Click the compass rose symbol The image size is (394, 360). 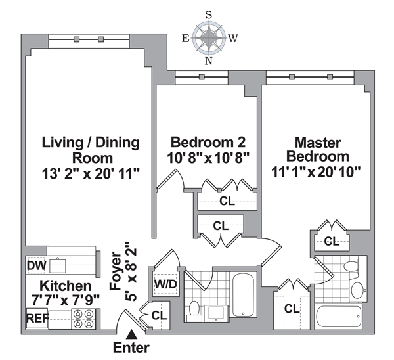pyautogui.click(x=209, y=38)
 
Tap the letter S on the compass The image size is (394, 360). pyautogui.click(x=209, y=15)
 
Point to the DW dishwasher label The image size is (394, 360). pyautogui.click(x=37, y=266)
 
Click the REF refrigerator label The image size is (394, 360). pyautogui.click(x=37, y=319)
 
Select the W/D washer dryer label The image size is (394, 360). pyautogui.click(x=165, y=284)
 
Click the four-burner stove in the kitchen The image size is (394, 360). pyautogui.click(x=83, y=319)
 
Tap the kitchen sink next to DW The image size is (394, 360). pyautogui.click(x=58, y=266)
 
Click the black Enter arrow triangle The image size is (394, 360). pyautogui.click(x=131, y=334)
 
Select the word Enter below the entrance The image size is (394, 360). pyautogui.click(x=131, y=348)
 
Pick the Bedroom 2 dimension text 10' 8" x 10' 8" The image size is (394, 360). pyautogui.click(x=208, y=158)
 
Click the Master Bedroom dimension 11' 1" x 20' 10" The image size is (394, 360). pyautogui.click(x=316, y=173)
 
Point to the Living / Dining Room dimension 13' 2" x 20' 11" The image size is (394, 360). pyautogui.click(x=91, y=174)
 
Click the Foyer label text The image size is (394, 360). pyautogui.click(x=116, y=271)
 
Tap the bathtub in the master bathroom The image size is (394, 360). pyautogui.click(x=338, y=317)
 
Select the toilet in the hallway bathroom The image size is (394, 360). pyautogui.click(x=194, y=311)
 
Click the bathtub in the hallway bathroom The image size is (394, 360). pyautogui.click(x=242, y=295)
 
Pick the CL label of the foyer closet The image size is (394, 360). pyautogui.click(x=159, y=315)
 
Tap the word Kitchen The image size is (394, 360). pyautogui.click(x=66, y=286)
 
